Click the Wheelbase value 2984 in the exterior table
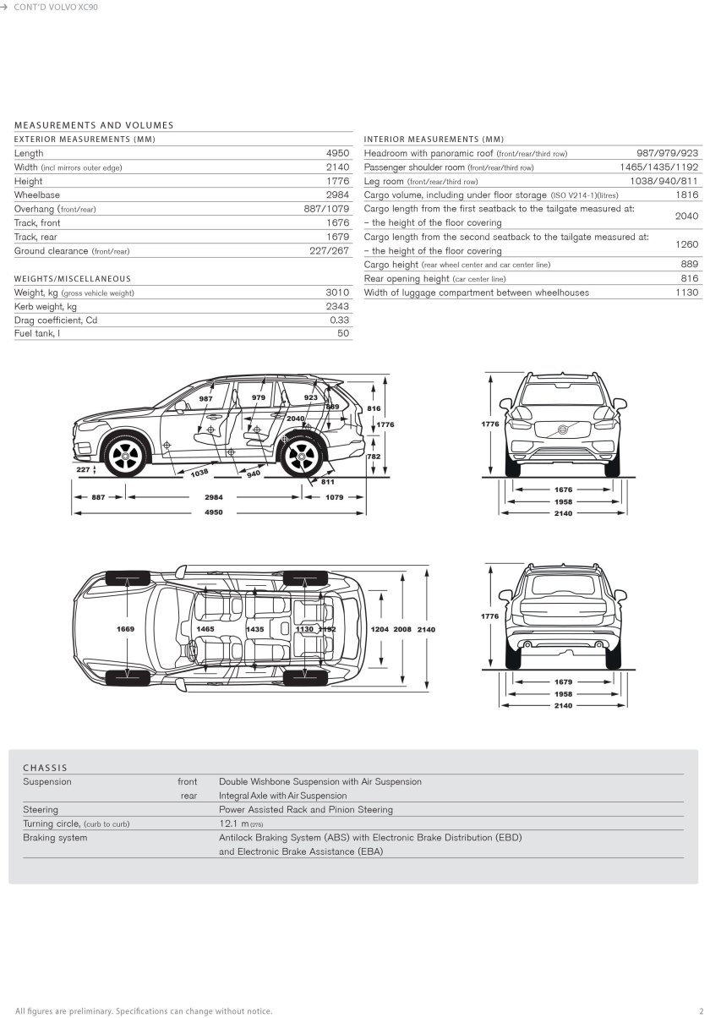point(337,194)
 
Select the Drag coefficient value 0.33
point(339,320)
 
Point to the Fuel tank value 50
point(343,333)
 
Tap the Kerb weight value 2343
point(337,306)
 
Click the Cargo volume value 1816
point(687,194)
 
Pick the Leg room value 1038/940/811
point(664,181)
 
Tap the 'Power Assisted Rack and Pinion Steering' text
point(305,809)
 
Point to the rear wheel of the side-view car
point(300,457)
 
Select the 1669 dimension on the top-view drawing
point(125,630)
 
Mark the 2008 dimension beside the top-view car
point(402,630)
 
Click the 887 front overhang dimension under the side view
point(99,497)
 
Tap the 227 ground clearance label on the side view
point(82,468)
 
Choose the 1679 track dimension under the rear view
point(563,681)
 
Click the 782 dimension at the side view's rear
point(374,456)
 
